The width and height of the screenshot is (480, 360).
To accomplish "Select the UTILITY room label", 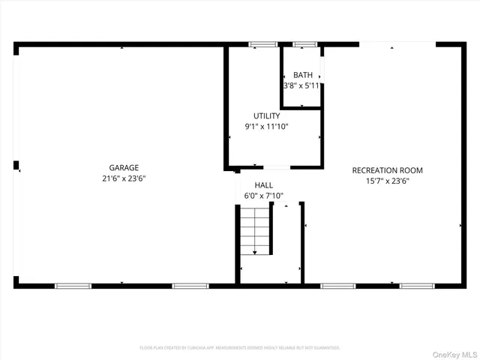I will click(x=266, y=116).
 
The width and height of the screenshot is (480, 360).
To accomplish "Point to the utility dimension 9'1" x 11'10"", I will click(x=266, y=127).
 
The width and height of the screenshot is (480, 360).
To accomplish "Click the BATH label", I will click(x=303, y=75).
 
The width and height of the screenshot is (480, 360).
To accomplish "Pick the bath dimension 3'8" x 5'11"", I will click(x=301, y=86).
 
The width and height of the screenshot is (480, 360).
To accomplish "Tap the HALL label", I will click(x=264, y=184).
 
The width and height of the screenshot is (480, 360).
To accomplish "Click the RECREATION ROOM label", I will click(x=388, y=170).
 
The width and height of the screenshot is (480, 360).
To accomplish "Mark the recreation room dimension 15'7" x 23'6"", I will click(x=388, y=181).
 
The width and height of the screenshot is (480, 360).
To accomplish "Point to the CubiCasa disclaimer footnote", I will click(x=240, y=348).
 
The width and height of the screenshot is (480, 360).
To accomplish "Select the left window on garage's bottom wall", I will click(x=73, y=286).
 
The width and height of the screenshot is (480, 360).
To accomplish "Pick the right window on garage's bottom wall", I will click(x=190, y=286).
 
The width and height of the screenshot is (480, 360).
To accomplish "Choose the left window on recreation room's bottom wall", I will click(x=338, y=286).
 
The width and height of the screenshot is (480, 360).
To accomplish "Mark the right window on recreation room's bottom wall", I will click(x=417, y=286).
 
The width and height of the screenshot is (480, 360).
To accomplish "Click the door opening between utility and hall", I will click(x=274, y=166).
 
